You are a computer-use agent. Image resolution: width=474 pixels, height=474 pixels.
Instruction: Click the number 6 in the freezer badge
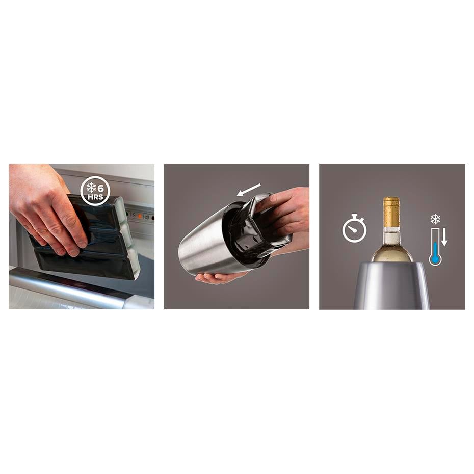pyautogui.click(x=101, y=189)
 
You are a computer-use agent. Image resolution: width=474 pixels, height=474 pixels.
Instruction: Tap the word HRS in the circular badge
pyautogui.click(x=95, y=197)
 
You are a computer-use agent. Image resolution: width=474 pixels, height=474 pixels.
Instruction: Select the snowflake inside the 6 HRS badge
pyautogui.click(x=91, y=188)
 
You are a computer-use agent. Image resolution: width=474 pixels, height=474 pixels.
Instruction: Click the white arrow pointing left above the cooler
pyautogui.click(x=249, y=190)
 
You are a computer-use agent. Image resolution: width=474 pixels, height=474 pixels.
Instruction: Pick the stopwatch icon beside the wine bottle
pyautogui.click(x=354, y=228)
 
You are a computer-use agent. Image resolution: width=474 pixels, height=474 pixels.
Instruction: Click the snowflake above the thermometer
pyautogui.click(x=435, y=219)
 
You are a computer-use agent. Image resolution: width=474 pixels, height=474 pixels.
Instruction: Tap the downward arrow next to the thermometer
pyautogui.click(x=444, y=237)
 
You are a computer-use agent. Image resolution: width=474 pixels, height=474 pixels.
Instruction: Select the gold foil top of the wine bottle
pyautogui.click(x=391, y=212)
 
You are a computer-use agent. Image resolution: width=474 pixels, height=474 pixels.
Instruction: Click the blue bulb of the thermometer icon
pyautogui.click(x=435, y=259)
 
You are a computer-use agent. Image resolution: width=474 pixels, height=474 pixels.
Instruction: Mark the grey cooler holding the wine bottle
pyautogui.click(x=391, y=285)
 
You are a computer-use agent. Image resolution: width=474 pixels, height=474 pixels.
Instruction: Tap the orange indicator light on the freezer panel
pyautogui.click(x=140, y=216)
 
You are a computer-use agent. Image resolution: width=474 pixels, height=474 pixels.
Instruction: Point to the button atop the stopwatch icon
pyautogui.click(x=355, y=216)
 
